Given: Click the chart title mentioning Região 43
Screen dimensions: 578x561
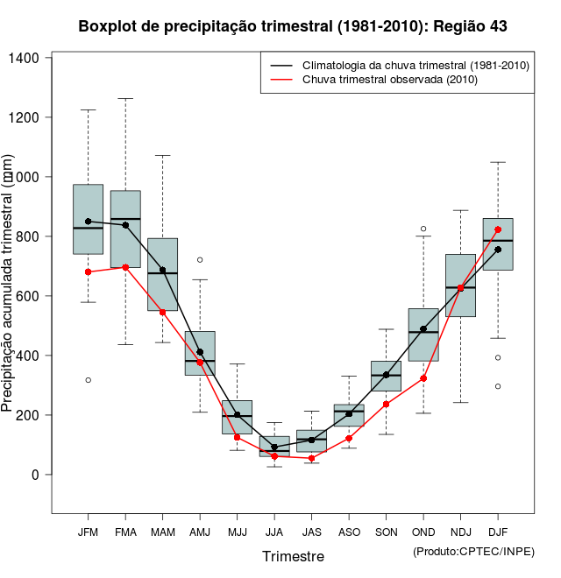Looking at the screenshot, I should click(293, 26).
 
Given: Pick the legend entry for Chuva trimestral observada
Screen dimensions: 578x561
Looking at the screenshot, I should click(389, 80).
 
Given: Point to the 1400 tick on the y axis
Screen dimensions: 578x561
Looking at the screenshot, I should click(31, 58).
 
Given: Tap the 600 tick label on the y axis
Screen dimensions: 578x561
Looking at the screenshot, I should click(31, 296).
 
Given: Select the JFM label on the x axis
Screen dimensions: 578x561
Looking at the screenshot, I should click(88, 532).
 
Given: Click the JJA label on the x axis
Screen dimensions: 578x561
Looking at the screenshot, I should click(274, 532).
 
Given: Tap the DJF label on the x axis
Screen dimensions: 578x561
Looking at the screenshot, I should click(498, 532).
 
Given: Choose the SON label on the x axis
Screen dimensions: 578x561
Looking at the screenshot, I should click(386, 532).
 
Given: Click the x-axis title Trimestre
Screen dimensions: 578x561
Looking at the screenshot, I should click(293, 556).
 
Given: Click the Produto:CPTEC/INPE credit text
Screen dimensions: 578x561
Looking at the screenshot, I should click(473, 551).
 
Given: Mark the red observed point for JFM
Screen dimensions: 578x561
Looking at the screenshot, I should click(88, 271).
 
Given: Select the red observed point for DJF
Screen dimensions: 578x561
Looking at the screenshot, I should click(498, 229).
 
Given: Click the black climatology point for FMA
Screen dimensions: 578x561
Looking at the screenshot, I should click(125, 225).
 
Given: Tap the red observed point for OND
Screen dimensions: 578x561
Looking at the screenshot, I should click(423, 378).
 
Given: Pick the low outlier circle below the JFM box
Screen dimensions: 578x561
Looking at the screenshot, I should click(88, 380).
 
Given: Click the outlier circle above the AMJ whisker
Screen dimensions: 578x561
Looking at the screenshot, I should click(200, 259).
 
